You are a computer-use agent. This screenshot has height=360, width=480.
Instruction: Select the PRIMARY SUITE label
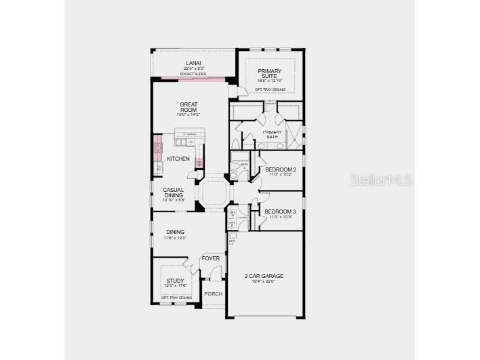tap(269, 74)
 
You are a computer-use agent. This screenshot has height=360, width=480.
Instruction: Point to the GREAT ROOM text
tap(188, 107)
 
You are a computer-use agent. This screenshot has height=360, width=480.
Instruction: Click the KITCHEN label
tap(178, 159)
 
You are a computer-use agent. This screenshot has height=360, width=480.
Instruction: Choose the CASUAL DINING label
tap(173, 192)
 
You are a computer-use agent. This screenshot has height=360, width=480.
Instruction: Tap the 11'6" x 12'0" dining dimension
tap(175, 238)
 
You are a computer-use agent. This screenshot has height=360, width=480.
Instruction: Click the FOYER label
tap(211, 259)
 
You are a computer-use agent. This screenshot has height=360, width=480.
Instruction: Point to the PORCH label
tap(214, 294)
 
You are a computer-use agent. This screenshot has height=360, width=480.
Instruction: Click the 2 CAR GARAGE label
tap(264, 276)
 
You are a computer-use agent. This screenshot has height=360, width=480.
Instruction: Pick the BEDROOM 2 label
tap(280, 169)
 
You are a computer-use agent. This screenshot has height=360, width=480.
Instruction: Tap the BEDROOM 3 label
tap(280, 212)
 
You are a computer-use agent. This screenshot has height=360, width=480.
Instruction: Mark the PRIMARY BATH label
tap(272, 134)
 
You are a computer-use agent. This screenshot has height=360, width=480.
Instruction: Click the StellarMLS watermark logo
tap(382, 180)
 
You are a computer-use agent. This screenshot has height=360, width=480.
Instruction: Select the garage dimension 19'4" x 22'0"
tap(264, 281)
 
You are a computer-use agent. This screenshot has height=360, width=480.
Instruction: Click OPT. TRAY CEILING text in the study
tap(176, 298)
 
